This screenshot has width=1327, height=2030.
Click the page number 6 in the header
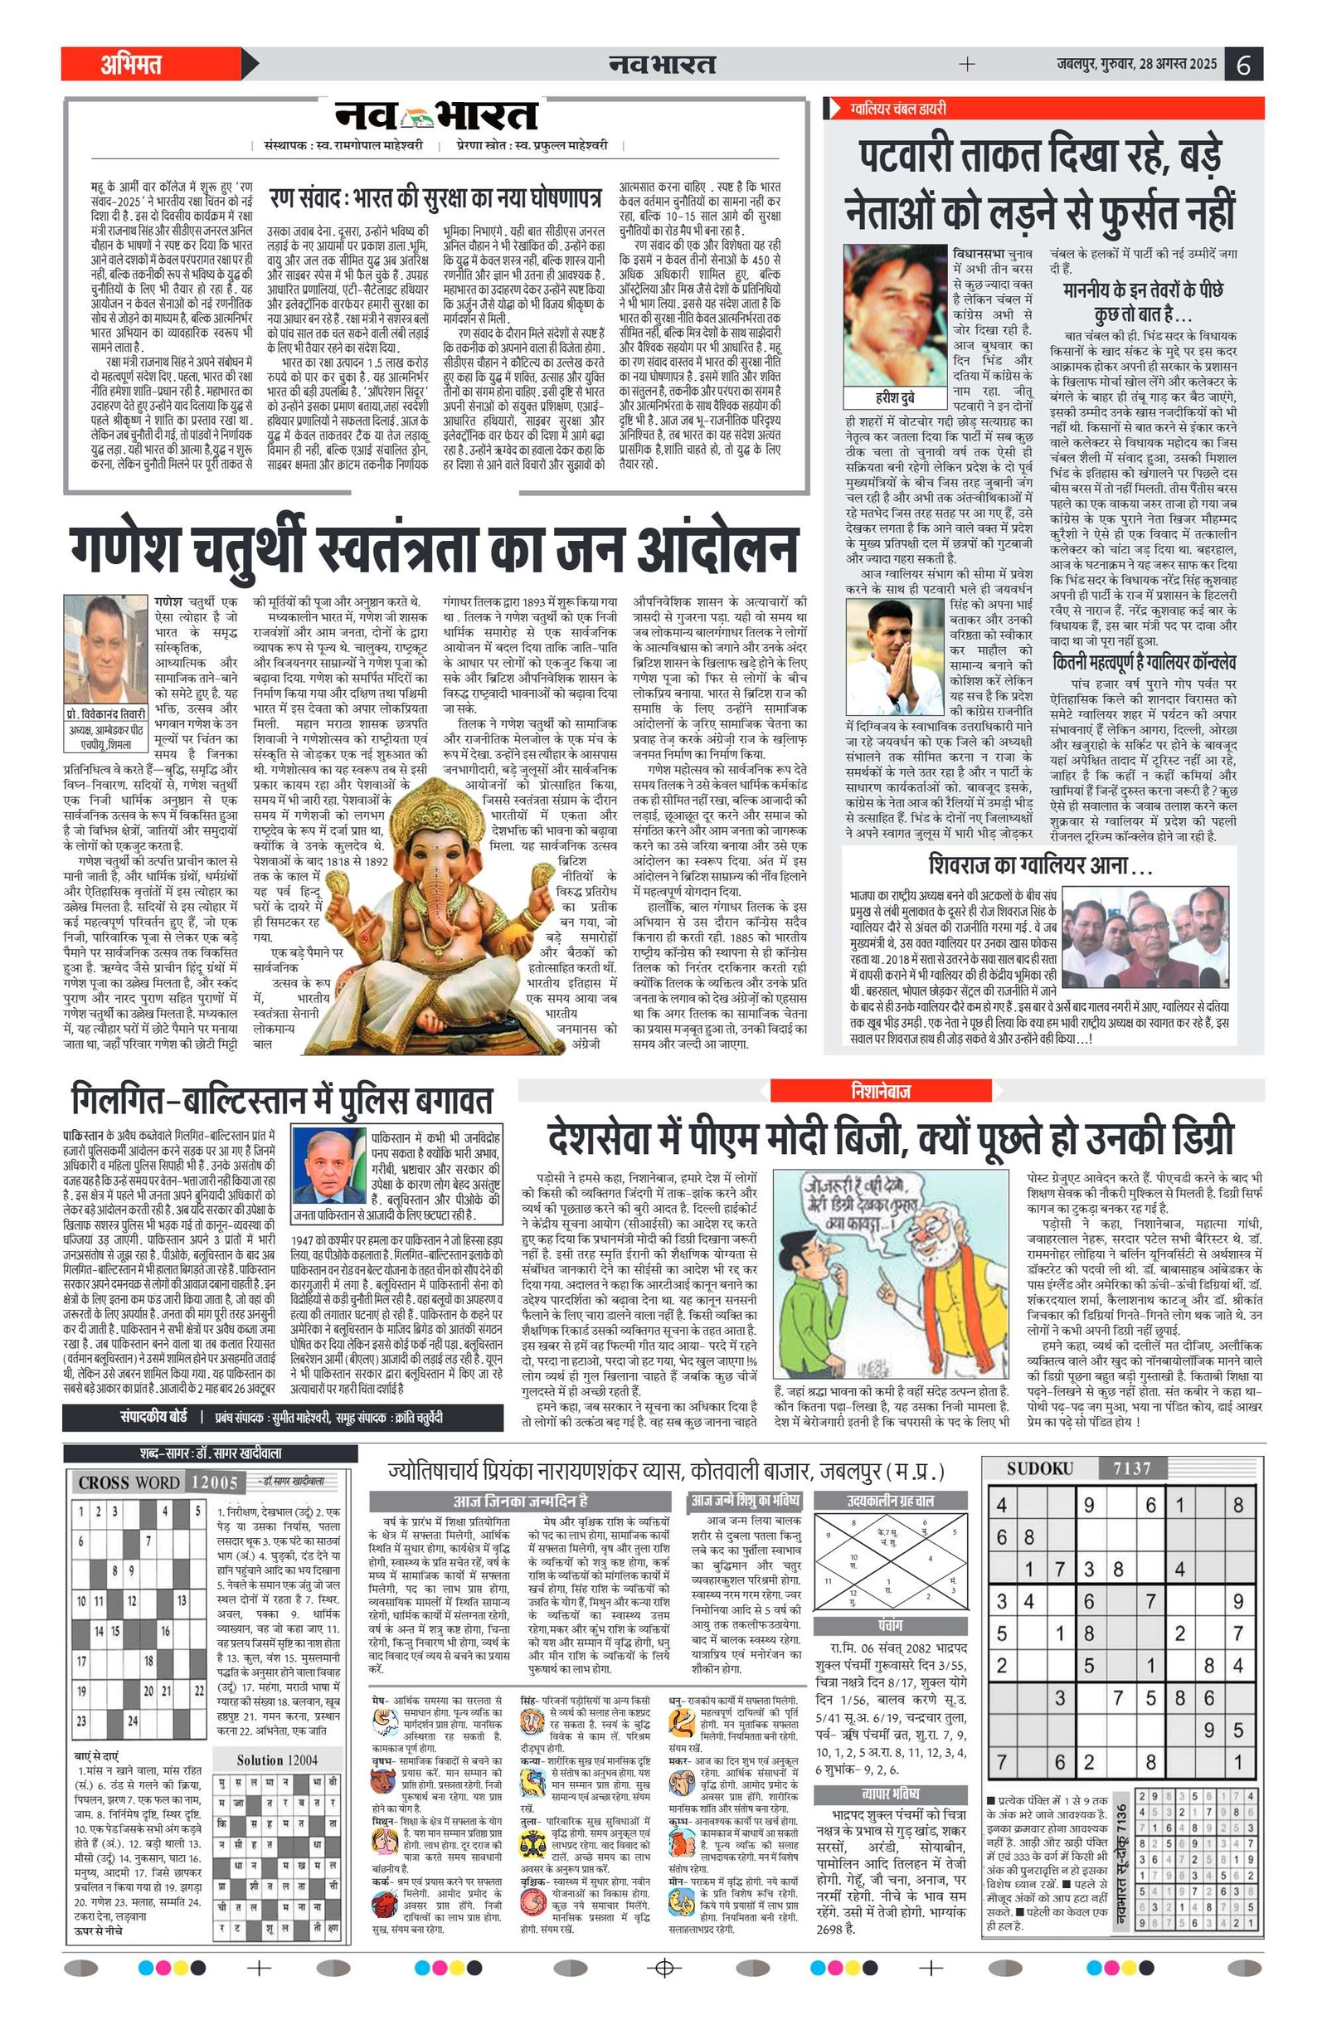tap(1243, 65)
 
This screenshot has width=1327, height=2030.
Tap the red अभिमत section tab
tap(131, 64)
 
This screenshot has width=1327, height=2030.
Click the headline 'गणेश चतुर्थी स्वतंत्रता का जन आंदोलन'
tap(433, 550)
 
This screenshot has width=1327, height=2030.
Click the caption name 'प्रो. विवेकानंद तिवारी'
tap(107, 713)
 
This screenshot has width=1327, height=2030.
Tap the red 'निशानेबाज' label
tap(881, 1091)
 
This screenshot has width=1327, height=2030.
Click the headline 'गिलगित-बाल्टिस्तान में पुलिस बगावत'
tap(282, 1099)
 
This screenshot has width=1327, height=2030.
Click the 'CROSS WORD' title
tap(129, 1482)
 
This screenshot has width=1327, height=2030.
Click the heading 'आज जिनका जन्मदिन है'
tap(520, 1501)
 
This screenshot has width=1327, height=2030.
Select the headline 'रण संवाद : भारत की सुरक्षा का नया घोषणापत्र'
tap(435, 199)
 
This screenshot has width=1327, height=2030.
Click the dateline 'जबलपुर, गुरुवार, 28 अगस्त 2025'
tap(1136, 64)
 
